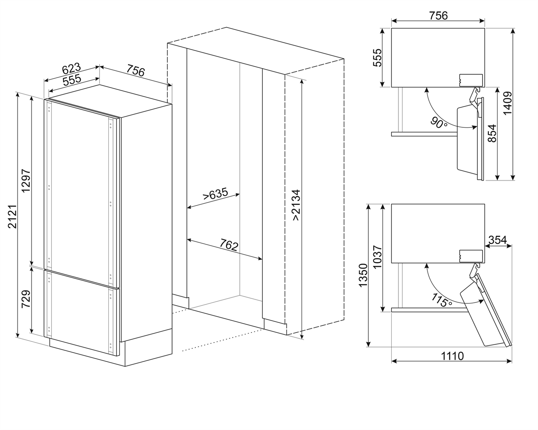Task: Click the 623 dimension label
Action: click(x=71, y=69)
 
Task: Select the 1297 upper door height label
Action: click(x=26, y=181)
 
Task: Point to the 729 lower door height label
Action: click(x=26, y=299)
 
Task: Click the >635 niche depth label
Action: click(x=216, y=194)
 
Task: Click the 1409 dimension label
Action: click(x=507, y=103)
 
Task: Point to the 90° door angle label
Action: click(x=439, y=122)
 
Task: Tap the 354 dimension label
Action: click(x=497, y=240)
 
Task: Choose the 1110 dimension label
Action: click(x=452, y=356)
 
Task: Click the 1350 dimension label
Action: click(x=363, y=275)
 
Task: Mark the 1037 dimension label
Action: click(x=378, y=257)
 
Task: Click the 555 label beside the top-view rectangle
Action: click(x=378, y=57)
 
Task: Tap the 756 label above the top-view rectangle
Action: click(x=438, y=16)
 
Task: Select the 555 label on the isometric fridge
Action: click(x=72, y=80)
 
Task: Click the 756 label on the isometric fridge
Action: click(x=135, y=70)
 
